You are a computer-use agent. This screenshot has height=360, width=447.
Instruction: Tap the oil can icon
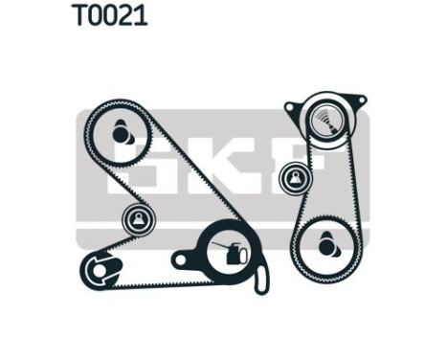click(x=231, y=254)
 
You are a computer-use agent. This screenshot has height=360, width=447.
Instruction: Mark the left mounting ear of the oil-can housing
click(x=179, y=258)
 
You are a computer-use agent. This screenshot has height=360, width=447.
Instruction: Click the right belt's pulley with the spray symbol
click(x=325, y=119)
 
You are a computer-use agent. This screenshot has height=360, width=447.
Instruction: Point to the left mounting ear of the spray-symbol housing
click(x=290, y=104)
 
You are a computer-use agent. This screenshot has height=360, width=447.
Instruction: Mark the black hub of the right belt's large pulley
click(x=327, y=245)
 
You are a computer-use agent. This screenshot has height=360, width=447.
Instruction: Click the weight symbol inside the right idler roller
click(x=295, y=176)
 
